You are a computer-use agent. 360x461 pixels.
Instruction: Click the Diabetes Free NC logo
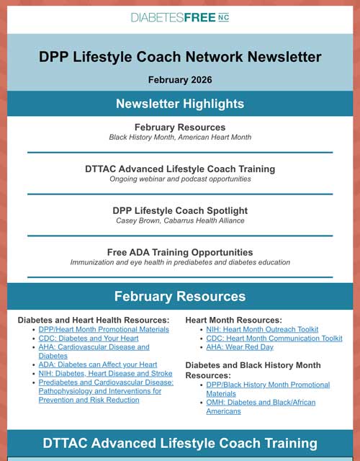point(180,17)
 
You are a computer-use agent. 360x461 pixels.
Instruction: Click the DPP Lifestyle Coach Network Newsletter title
point(180,57)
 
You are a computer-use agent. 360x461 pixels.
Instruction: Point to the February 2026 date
point(180,79)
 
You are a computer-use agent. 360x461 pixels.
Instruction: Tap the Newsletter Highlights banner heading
point(180,104)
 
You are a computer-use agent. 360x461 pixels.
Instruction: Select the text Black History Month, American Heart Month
point(180,137)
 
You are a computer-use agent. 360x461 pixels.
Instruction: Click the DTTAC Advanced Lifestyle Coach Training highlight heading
point(180,169)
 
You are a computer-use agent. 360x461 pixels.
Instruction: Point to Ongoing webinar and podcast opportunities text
point(180,179)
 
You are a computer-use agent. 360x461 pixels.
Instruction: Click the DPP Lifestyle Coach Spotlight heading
point(180,210)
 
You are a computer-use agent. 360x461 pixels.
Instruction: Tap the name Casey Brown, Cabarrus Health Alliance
point(180,220)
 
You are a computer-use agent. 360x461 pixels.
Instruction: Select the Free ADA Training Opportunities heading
point(180,252)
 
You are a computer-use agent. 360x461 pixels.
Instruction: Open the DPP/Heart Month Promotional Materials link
point(104,329)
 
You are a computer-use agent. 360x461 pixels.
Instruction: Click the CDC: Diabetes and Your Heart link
point(89,339)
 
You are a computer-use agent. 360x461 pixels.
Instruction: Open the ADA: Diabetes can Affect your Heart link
point(97,364)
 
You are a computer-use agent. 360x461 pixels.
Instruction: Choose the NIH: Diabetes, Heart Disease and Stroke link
point(105,374)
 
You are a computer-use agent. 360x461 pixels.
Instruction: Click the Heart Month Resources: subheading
point(234,320)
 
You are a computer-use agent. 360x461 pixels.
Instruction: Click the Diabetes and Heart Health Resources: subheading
point(93,320)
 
